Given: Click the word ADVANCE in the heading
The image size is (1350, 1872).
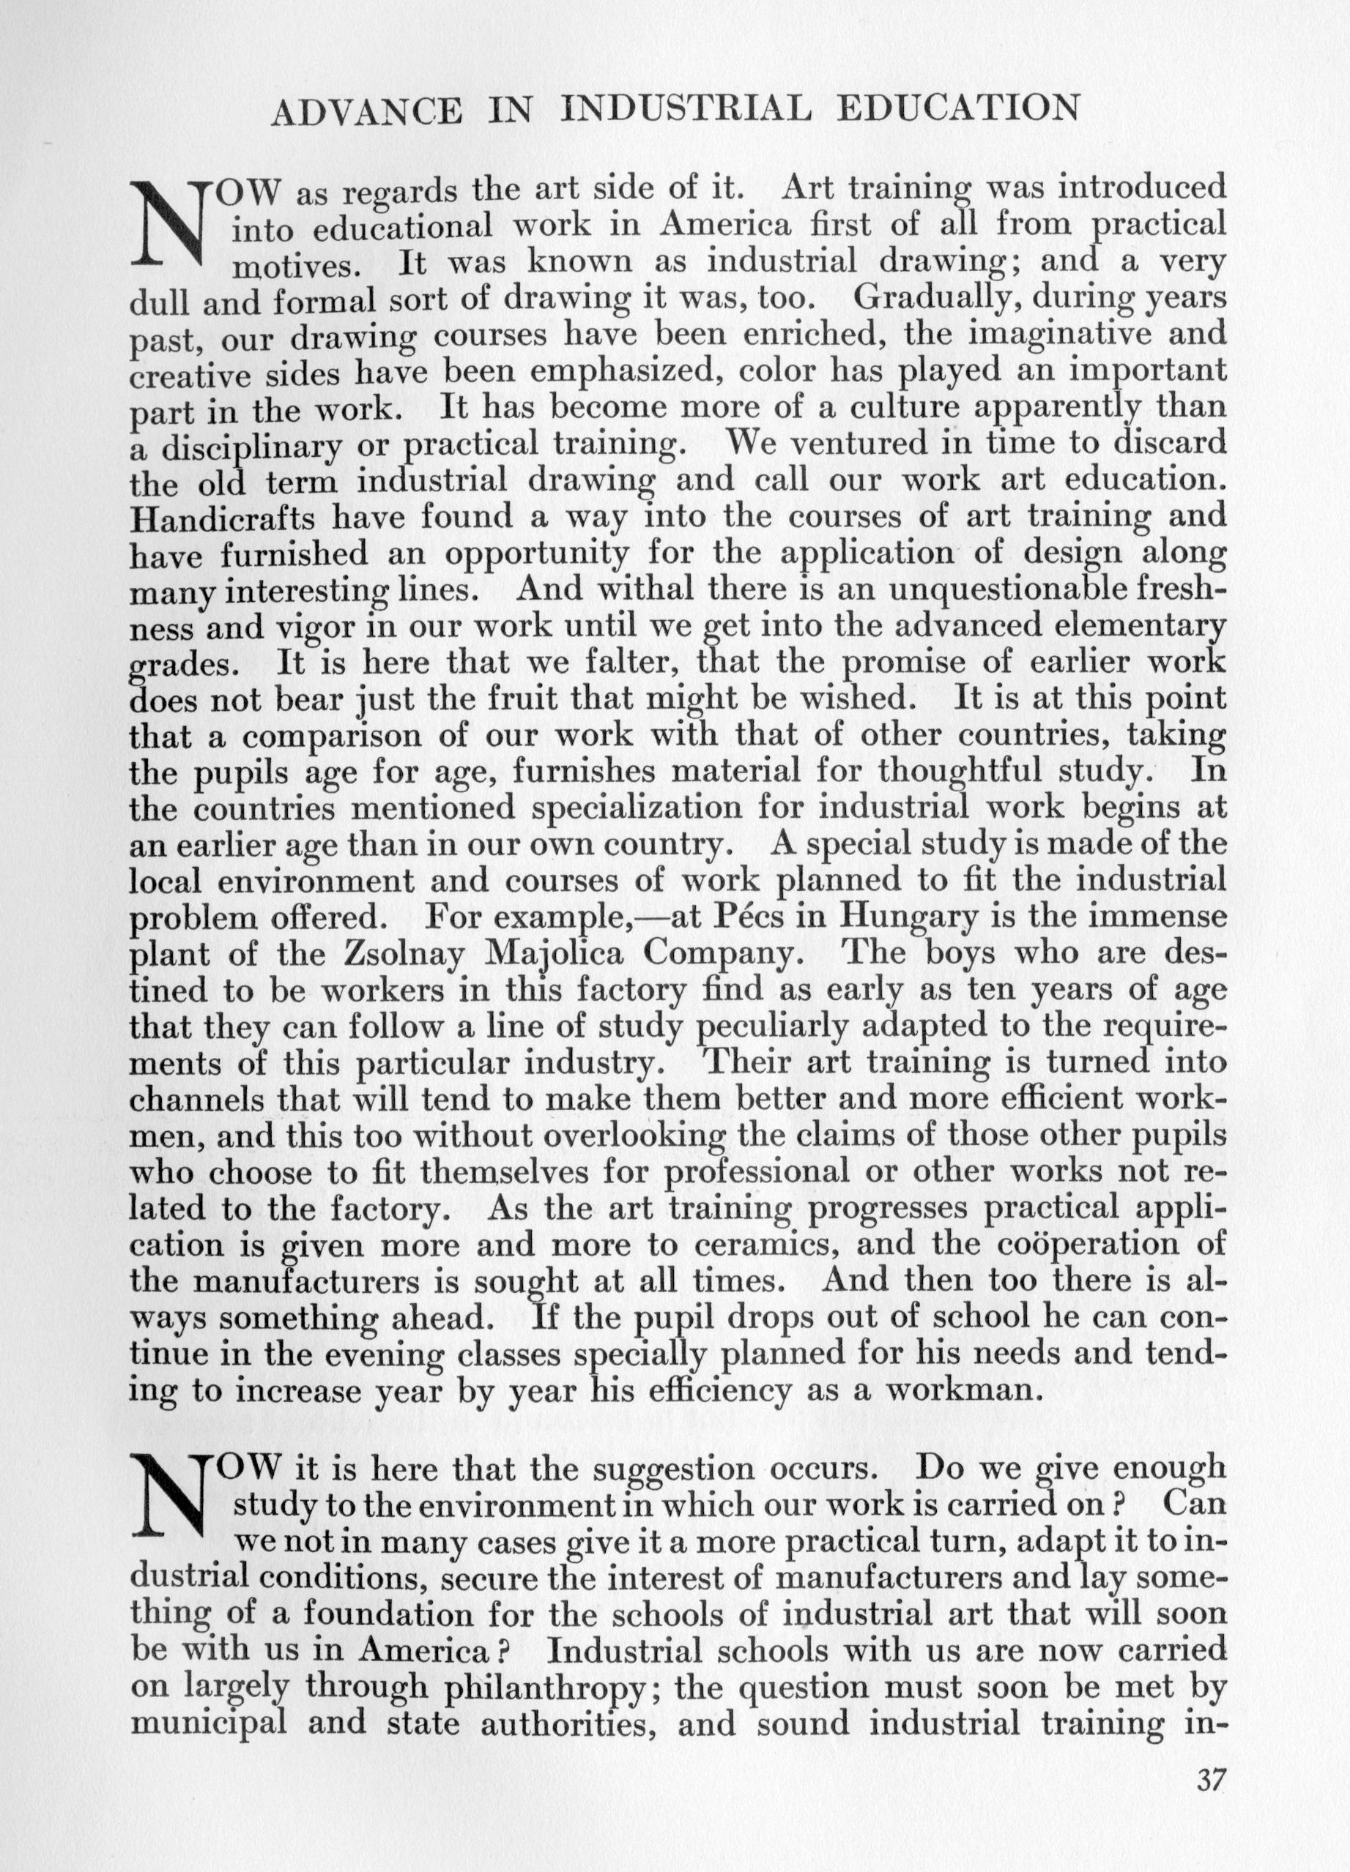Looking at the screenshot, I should [366, 111].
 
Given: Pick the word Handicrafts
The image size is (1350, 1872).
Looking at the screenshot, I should [222, 518].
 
